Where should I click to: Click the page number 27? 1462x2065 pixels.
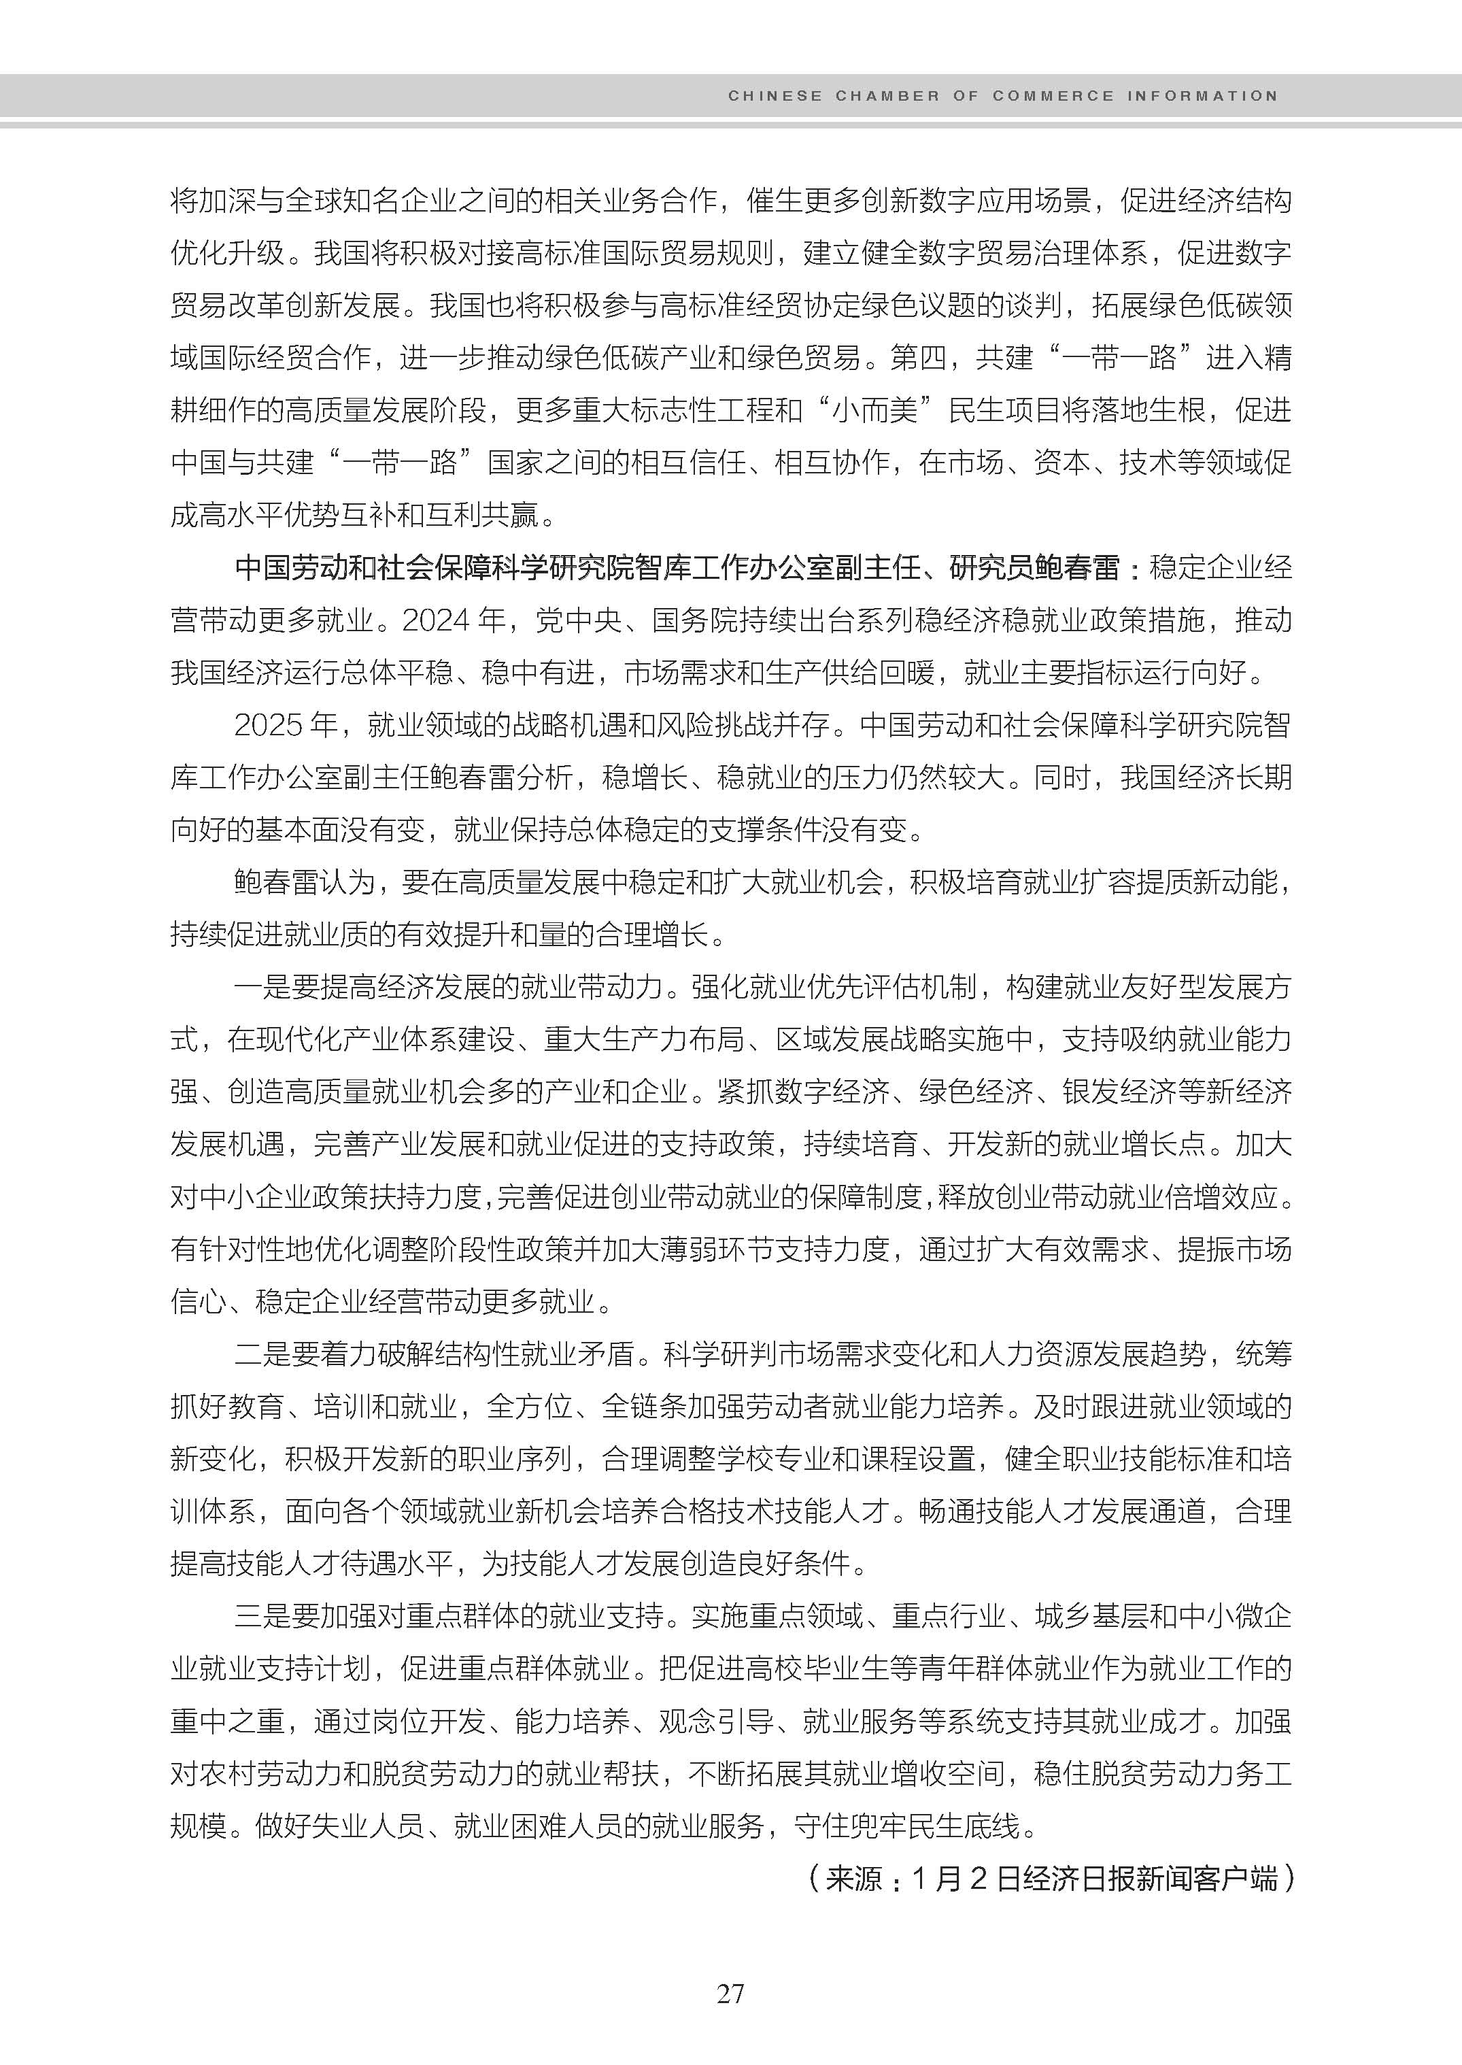(x=730, y=1994)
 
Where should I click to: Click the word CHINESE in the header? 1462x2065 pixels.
(x=775, y=95)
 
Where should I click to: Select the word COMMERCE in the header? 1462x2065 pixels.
(x=1053, y=95)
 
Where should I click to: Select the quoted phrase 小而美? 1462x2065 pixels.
(x=873, y=409)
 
